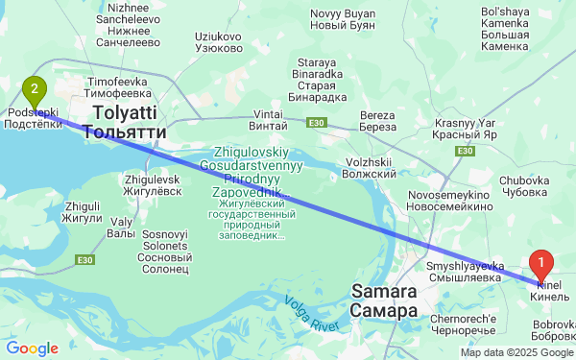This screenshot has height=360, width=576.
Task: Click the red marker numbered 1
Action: click(x=542, y=262)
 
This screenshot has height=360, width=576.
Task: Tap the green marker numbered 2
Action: click(x=35, y=92)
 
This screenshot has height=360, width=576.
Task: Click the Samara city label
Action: click(x=384, y=300)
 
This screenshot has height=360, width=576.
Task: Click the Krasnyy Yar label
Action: click(x=465, y=130)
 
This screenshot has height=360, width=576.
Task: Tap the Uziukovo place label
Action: click(x=218, y=42)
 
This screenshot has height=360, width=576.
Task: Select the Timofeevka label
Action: click(x=119, y=88)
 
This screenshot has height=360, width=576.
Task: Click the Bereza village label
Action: click(x=377, y=122)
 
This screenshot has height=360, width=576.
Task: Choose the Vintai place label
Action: click(x=268, y=120)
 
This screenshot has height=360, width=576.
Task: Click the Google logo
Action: click(x=32, y=348)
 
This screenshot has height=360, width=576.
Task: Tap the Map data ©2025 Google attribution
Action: click(x=516, y=353)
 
